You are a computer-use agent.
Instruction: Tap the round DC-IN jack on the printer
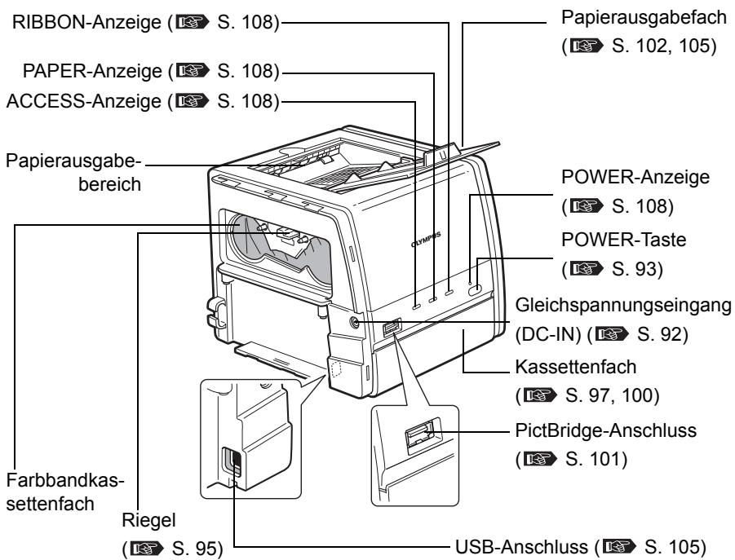coord(353,322)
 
